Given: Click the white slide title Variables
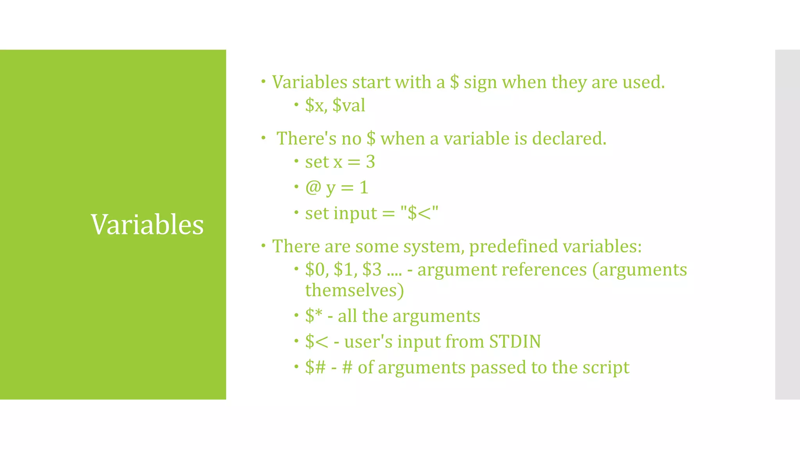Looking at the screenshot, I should [147, 225].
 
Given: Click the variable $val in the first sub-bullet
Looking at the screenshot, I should [348, 105].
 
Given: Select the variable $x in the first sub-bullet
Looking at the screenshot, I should [315, 105].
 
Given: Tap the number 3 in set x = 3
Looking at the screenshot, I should [370, 162].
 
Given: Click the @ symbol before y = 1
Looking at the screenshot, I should [313, 187].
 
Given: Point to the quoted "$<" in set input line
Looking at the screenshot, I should [419, 213].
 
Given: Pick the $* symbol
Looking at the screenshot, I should [314, 316].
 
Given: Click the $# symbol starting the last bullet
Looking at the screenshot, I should [315, 368].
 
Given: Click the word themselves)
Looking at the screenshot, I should [354, 291].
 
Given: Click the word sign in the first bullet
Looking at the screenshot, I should [480, 83].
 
